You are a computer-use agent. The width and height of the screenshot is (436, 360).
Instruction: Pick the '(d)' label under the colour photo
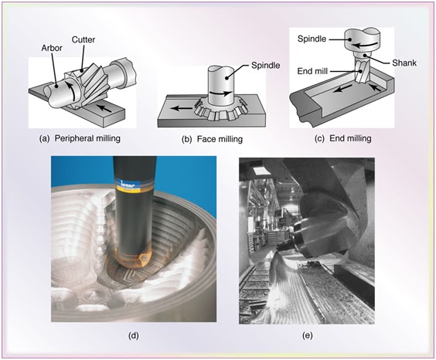coord(135,335)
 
